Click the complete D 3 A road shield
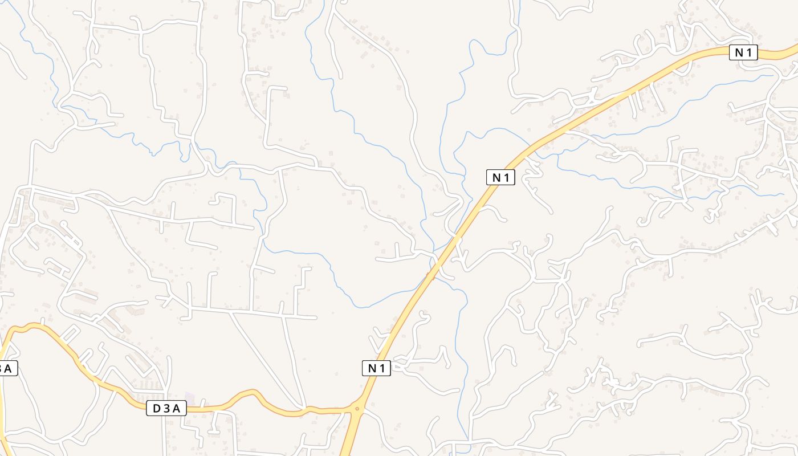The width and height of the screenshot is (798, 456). pos(166,408)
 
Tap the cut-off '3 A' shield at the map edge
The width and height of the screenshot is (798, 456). pos(7,368)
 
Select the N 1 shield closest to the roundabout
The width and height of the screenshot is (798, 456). pos(376,368)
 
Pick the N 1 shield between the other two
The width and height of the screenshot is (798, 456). pos(500,177)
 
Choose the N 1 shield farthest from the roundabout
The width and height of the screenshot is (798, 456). pos(743,53)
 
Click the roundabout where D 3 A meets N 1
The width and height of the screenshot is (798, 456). pos(357,408)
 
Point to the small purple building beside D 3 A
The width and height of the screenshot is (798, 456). pos(190,397)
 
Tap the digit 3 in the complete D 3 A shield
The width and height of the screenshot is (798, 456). pos(166,408)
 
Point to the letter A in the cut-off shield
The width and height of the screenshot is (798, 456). pos(9,368)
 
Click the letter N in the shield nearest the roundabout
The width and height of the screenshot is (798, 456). pos(372,368)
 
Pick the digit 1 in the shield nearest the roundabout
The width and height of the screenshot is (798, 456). pos(382,368)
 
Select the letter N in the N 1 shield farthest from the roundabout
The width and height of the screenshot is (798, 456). pos(739,53)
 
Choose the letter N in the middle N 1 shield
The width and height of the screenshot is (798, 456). pos(496,177)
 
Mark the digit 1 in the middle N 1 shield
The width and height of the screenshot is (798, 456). pos(507,177)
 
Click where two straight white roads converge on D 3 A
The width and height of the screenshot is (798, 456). pos(304,408)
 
